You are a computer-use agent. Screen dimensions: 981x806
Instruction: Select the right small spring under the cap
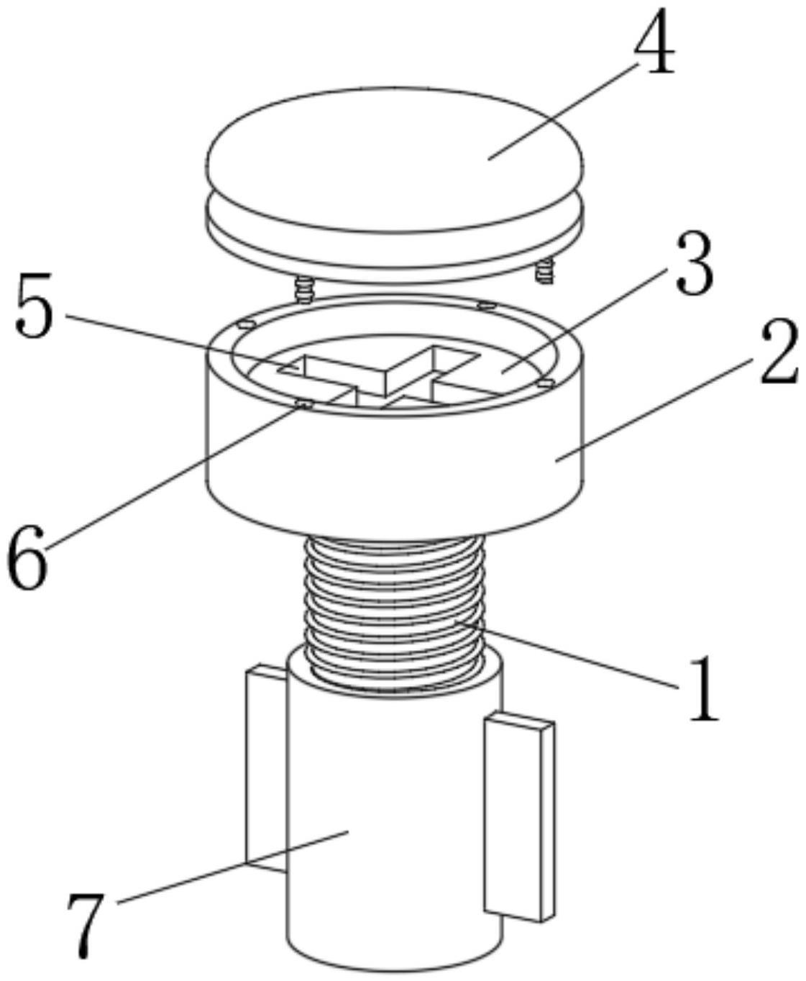546,272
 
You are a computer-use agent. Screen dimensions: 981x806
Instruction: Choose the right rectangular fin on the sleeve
519,816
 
